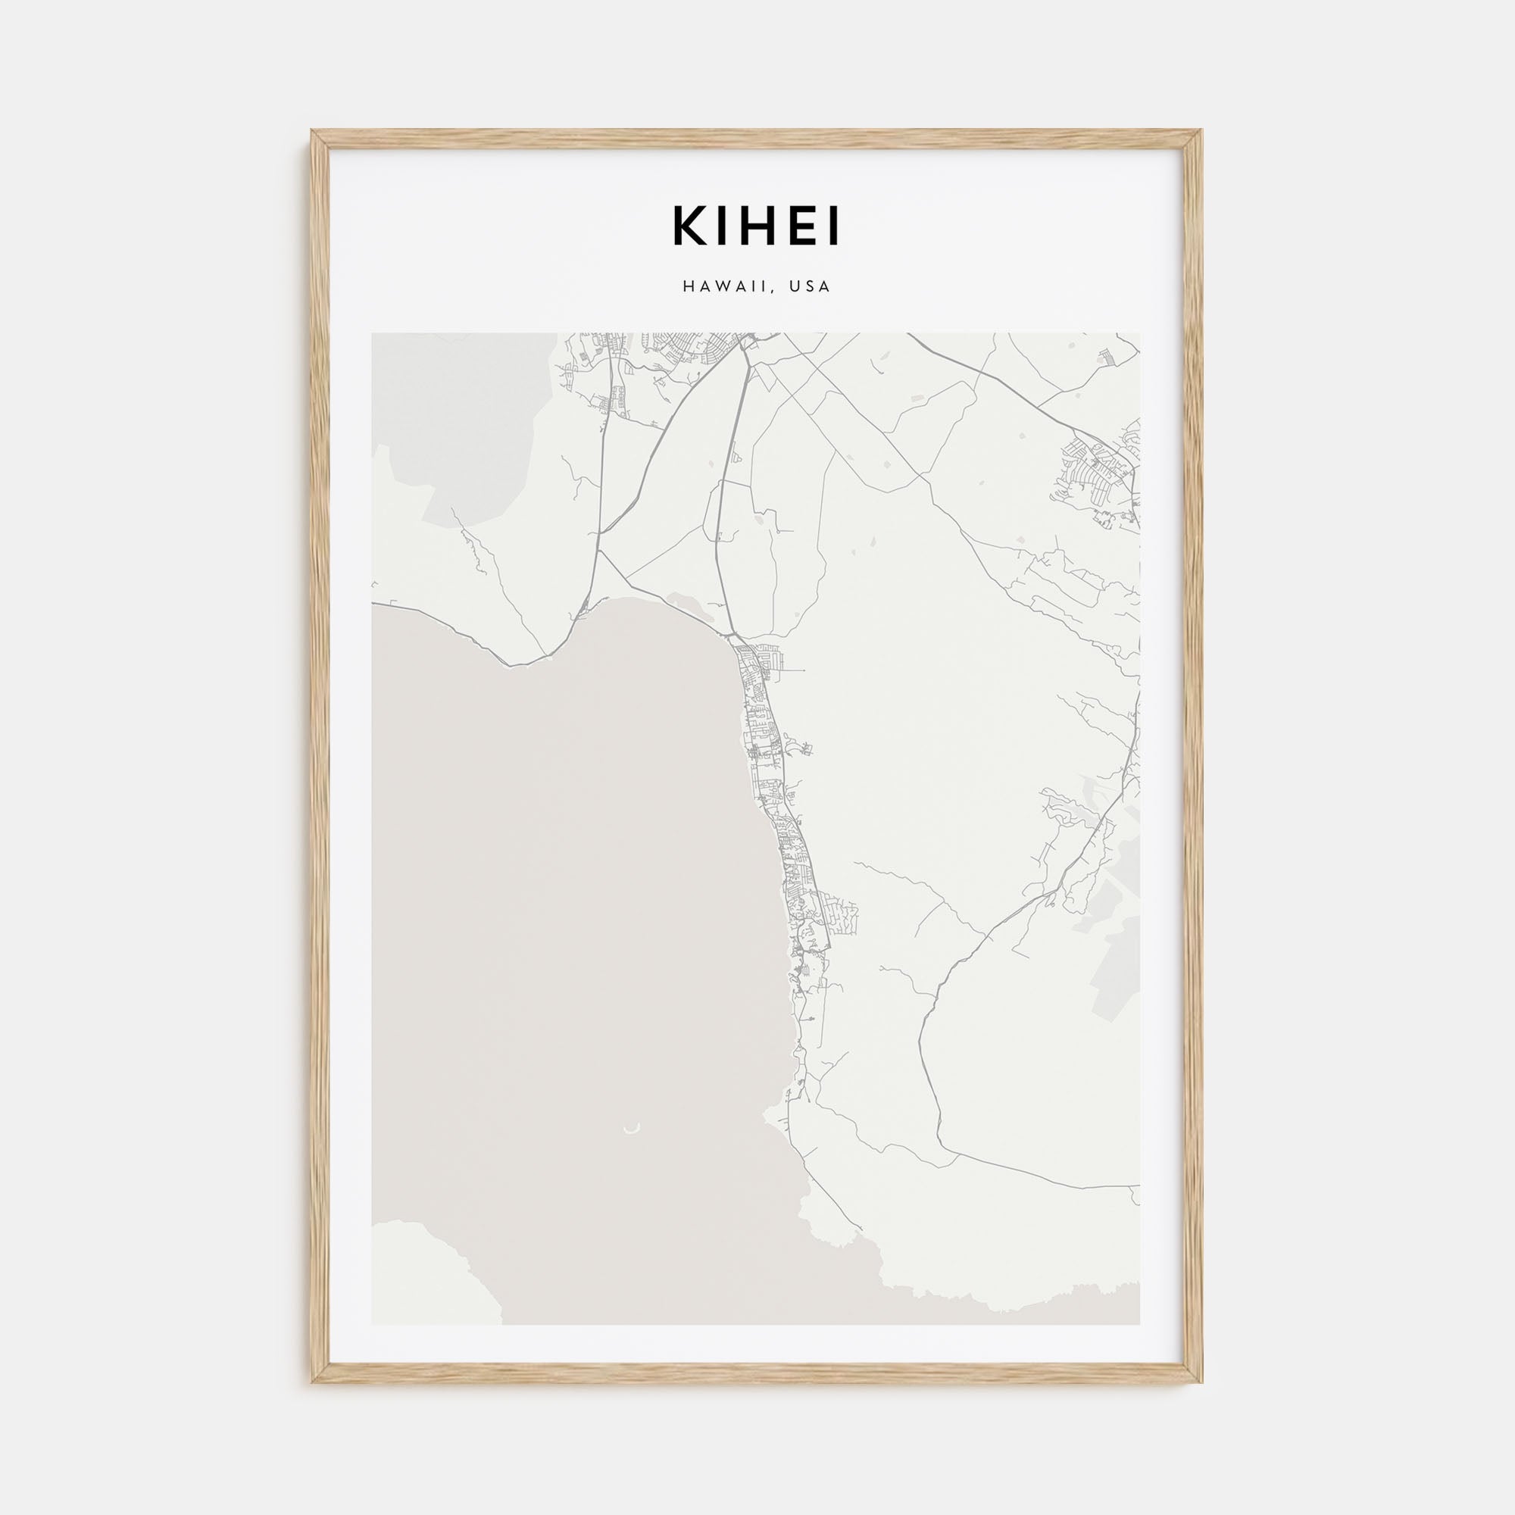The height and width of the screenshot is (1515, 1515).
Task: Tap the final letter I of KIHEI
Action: pyautogui.click(x=835, y=226)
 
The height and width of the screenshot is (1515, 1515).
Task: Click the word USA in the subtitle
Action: pyautogui.click(x=810, y=287)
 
